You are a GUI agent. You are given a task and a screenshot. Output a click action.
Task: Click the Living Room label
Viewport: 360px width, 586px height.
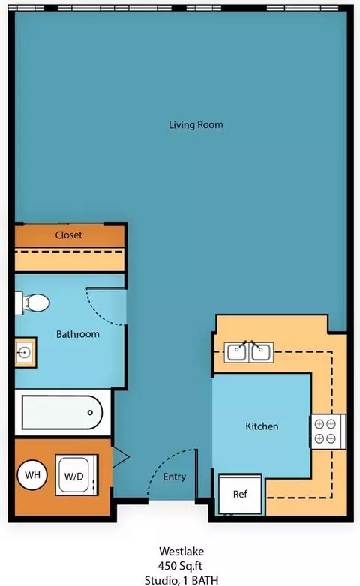tap(196, 125)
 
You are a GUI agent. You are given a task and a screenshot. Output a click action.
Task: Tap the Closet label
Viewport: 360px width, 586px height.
tap(68, 235)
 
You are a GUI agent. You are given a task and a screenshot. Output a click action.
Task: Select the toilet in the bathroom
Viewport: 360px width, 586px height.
tap(32, 303)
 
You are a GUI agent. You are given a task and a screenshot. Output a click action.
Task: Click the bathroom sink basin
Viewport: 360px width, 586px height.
tap(24, 352)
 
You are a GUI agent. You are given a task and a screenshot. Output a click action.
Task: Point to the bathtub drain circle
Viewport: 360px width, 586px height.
tap(90, 413)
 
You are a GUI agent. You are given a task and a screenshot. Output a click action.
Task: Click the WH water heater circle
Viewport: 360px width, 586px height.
tap(32, 475)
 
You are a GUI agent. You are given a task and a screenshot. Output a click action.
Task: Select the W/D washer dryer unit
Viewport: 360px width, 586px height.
tap(76, 475)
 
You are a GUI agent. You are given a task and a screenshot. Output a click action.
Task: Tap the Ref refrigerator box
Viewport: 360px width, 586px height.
tap(240, 494)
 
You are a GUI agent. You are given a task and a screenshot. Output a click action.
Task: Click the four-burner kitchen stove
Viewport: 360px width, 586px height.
tap(328, 432)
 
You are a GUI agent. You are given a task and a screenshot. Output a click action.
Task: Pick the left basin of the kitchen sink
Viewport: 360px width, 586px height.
tap(237, 352)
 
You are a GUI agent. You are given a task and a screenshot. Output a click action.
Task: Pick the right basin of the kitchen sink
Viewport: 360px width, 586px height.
tap(261, 352)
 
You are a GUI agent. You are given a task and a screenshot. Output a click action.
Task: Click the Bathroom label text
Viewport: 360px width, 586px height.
tap(78, 334)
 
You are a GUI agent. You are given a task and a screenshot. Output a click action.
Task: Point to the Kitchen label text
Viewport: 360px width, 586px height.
tap(262, 426)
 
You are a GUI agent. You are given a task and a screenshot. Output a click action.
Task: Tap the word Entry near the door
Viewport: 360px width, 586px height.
tap(175, 477)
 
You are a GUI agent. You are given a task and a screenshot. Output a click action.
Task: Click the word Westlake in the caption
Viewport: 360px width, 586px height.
tap(181, 552)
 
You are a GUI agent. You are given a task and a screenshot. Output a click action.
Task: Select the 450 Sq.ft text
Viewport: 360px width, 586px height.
tap(180, 566)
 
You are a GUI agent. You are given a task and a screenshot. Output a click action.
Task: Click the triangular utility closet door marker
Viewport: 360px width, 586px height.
tap(120, 456)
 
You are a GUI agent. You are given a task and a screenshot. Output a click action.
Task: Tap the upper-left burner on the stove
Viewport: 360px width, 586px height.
tap(319, 424)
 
